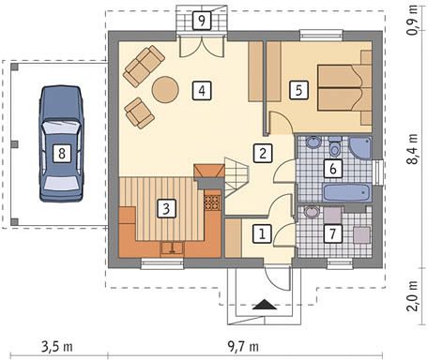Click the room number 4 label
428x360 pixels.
[x=202, y=91]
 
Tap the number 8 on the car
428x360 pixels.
[x=62, y=153]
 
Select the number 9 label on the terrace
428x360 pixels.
[x=202, y=21]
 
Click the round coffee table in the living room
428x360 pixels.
[x=165, y=90]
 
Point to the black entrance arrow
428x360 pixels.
[x=265, y=305]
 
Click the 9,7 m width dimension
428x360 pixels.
[x=243, y=346]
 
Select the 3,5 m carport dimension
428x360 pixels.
[x=57, y=346]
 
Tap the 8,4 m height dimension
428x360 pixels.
[x=412, y=149]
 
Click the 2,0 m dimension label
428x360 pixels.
[x=412, y=295]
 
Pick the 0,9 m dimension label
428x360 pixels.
[x=412, y=21]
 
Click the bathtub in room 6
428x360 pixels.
[x=347, y=193]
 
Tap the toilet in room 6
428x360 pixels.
[x=335, y=146]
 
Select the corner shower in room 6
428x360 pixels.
[x=360, y=148]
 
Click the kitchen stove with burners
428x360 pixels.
[x=213, y=202]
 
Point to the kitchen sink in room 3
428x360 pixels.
[x=172, y=248]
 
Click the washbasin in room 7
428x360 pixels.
[x=313, y=213]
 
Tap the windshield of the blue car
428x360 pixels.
[x=62, y=127]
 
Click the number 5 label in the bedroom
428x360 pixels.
[x=298, y=90]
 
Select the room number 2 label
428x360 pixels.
[x=263, y=153]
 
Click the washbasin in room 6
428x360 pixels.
[x=313, y=142]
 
